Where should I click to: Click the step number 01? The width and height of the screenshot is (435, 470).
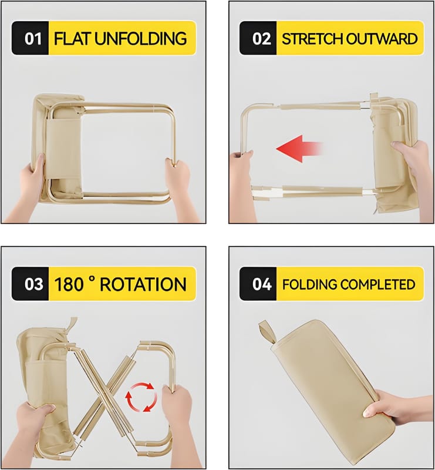point(33,39)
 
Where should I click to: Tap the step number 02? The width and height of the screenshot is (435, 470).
point(261,39)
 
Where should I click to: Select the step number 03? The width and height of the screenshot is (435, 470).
point(33,284)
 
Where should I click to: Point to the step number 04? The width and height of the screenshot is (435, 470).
point(262,284)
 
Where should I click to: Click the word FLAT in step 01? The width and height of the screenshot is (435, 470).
point(72,39)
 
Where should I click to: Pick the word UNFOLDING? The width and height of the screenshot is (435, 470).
point(141,39)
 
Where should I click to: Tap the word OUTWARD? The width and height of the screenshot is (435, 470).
point(382,39)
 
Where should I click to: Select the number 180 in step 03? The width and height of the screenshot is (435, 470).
point(69,284)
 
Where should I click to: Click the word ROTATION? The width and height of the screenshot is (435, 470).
point(143,284)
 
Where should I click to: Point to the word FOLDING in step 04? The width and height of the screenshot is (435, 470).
point(309,284)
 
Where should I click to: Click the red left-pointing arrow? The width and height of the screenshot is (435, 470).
point(299,149)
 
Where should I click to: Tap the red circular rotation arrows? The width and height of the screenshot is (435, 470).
point(141,397)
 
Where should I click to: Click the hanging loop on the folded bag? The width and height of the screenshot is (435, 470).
point(268,332)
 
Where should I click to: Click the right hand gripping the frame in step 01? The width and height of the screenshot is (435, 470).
point(180,189)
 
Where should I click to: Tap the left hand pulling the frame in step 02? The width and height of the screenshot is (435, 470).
point(241,186)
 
